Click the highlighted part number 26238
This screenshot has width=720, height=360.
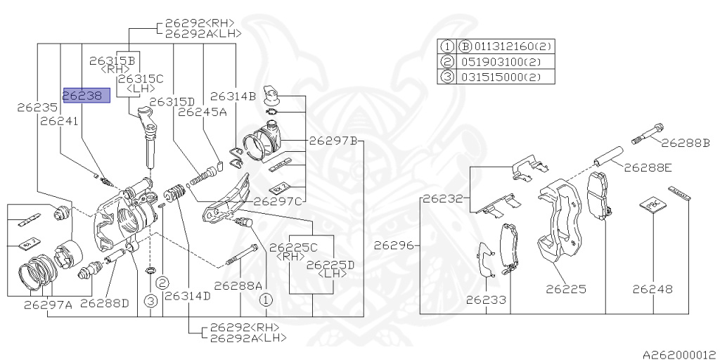86,96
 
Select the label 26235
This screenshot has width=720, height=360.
38,108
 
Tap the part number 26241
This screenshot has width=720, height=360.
59,121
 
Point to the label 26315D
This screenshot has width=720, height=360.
172,101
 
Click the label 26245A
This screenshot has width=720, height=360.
202,112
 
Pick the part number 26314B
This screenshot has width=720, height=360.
233,96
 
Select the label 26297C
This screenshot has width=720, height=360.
277,201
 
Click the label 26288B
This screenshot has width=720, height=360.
685,143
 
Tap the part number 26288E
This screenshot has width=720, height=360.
648,168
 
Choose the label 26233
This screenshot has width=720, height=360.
486,300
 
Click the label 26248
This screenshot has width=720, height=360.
652,289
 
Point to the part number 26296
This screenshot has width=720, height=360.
394,245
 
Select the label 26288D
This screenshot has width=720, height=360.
105,304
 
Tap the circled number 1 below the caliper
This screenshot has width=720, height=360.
266,301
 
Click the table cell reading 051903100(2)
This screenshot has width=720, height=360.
507,62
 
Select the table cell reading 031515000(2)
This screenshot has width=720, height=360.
507,77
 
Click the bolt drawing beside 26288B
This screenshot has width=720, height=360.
647,133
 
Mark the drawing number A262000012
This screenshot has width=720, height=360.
680,354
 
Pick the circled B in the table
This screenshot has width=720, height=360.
465,46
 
